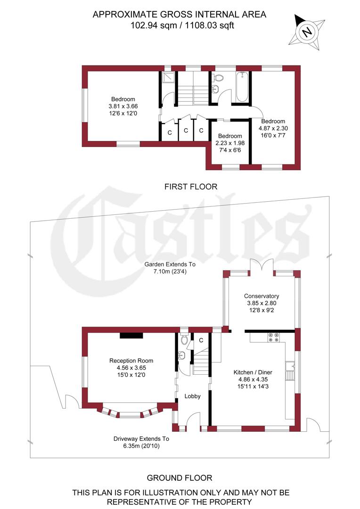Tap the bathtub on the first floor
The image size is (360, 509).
pyautogui.click(x=242, y=87)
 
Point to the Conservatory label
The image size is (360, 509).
pyautogui.click(x=262, y=296)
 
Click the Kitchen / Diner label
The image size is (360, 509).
pyautogui.click(x=253, y=372)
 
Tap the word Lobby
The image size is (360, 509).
pyautogui.click(x=192, y=396)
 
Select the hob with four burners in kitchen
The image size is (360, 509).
pyautogui.click(x=274, y=337)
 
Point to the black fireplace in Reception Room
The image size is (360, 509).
pyautogui.click(x=131, y=336)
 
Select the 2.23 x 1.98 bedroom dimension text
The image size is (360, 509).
pyautogui.click(x=229, y=143)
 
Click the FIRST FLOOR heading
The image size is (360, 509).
pyautogui.click(x=191, y=187)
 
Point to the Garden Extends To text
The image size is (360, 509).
pyautogui.click(x=170, y=264)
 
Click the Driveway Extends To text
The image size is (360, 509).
pyautogui.click(x=140, y=438)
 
